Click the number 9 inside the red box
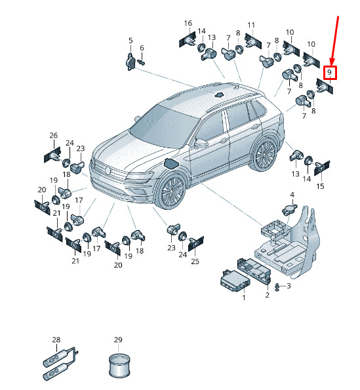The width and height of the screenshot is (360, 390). [x=329, y=72]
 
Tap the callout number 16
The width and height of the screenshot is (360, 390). [x=188, y=23]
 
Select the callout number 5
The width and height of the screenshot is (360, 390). [x=130, y=40]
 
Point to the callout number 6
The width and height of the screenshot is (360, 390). [x=142, y=48]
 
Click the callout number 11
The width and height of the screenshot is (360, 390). [x=251, y=25]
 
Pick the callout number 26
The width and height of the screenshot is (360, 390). [x=54, y=135]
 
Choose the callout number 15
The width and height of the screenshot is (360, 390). [x=320, y=186]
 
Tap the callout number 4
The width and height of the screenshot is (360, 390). [x=292, y=195]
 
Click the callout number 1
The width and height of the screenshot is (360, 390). [x=244, y=298]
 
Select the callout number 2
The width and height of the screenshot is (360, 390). [x=267, y=295]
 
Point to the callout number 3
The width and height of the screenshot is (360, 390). [x=289, y=286]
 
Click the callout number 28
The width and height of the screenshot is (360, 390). [x=56, y=340]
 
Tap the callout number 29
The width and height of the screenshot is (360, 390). [x=118, y=340]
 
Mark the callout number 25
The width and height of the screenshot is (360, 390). [x=195, y=262]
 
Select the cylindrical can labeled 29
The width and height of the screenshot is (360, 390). [x=119, y=366]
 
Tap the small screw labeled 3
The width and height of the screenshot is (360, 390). [x=277, y=287]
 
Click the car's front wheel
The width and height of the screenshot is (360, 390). [x=171, y=191]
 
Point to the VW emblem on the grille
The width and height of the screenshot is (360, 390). [x=108, y=170]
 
